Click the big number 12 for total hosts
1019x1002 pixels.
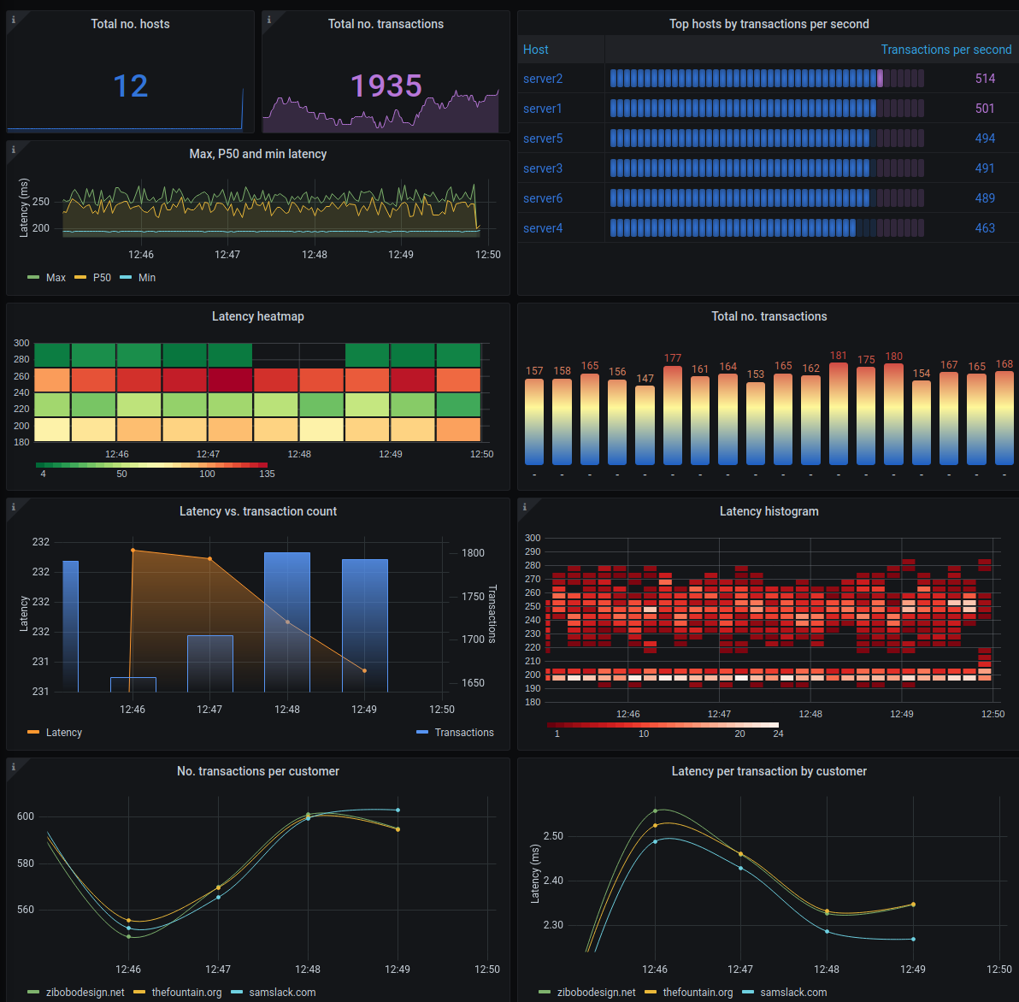coord(131,85)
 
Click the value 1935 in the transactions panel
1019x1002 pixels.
coord(386,85)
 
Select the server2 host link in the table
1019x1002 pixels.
coord(543,79)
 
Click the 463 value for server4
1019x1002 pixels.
coord(985,228)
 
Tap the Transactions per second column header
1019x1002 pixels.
coord(946,50)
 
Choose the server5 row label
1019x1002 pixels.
coord(543,139)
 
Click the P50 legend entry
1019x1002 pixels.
coord(102,278)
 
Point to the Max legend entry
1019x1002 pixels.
coord(56,278)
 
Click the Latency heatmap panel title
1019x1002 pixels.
coord(257,316)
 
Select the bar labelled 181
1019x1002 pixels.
coord(838,415)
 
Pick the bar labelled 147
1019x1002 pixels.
coord(645,425)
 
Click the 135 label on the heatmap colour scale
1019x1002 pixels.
coord(267,474)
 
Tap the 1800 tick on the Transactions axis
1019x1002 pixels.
coord(473,553)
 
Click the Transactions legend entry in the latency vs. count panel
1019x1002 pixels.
coord(463,733)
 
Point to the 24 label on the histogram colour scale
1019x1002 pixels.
coord(778,734)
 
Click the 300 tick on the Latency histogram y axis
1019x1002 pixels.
coord(533,538)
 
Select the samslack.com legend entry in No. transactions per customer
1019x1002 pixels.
coord(282,993)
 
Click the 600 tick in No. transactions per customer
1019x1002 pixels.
coord(25,816)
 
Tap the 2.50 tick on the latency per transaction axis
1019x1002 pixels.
coord(553,836)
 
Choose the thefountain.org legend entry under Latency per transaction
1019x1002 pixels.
coord(698,993)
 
